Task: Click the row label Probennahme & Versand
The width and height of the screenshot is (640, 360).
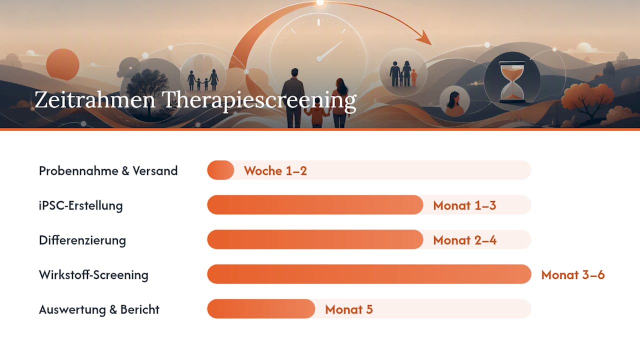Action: point(108,171)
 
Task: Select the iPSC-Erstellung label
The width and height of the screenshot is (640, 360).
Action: point(81,205)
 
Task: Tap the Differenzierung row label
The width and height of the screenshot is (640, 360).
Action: point(82,240)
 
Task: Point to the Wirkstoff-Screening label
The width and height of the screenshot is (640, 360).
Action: point(93,275)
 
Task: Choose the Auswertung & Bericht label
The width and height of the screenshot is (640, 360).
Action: point(99,309)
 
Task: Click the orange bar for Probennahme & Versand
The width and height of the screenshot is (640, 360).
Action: point(220,170)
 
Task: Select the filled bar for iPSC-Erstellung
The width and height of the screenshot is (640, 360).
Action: point(315,205)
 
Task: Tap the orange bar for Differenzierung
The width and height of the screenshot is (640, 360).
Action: point(315,239)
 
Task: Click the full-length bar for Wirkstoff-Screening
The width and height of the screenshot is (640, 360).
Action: point(369,274)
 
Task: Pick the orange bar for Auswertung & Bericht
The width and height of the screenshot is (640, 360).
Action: point(261,308)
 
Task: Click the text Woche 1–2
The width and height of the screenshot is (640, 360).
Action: point(275,171)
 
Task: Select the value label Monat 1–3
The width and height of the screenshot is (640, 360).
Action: point(464,205)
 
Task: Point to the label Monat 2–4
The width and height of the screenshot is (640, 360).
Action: point(465,240)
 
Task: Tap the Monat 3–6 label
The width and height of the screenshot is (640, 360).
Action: point(573,274)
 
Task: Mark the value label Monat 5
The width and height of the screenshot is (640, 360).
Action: point(349,309)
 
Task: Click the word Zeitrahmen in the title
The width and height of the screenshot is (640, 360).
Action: point(95,99)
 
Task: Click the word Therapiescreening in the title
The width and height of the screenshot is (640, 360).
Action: point(259,101)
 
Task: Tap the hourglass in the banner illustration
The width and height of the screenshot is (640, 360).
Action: point(512,81)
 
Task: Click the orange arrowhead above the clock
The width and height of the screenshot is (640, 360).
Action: point(424,38)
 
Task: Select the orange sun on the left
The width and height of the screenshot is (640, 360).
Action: point(63,64)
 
